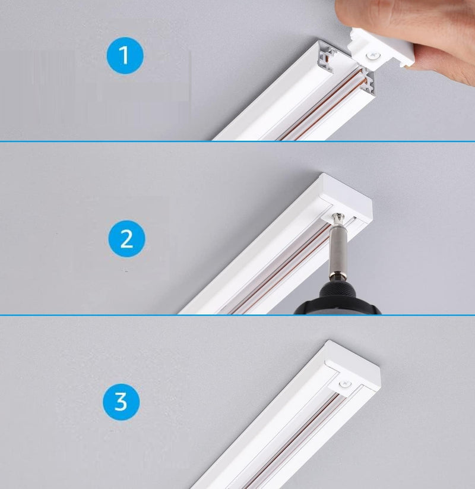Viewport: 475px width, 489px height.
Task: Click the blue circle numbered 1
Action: click(x=125, y=56)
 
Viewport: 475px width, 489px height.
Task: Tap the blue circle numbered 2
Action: click(x=126, y=239)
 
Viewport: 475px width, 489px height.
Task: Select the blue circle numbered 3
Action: click(x=121, y=402)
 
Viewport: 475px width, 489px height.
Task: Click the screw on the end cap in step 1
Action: click(x=373, y=56)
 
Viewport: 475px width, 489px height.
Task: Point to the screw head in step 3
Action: click(x=345, y=384)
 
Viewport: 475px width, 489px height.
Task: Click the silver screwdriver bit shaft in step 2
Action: click(x=338, y=247)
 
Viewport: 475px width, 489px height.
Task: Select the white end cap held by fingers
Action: click(x=382, y=48)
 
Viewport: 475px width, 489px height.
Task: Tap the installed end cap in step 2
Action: click(x=346, y=200)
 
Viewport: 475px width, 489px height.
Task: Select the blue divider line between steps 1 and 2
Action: click(x=237, y=141)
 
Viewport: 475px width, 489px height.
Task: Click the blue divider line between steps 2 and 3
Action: click(x=237, y=315)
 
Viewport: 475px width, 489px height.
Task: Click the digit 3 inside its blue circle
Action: click(x=121, y=402)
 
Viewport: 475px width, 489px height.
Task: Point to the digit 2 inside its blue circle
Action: click(x=126, y=239)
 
